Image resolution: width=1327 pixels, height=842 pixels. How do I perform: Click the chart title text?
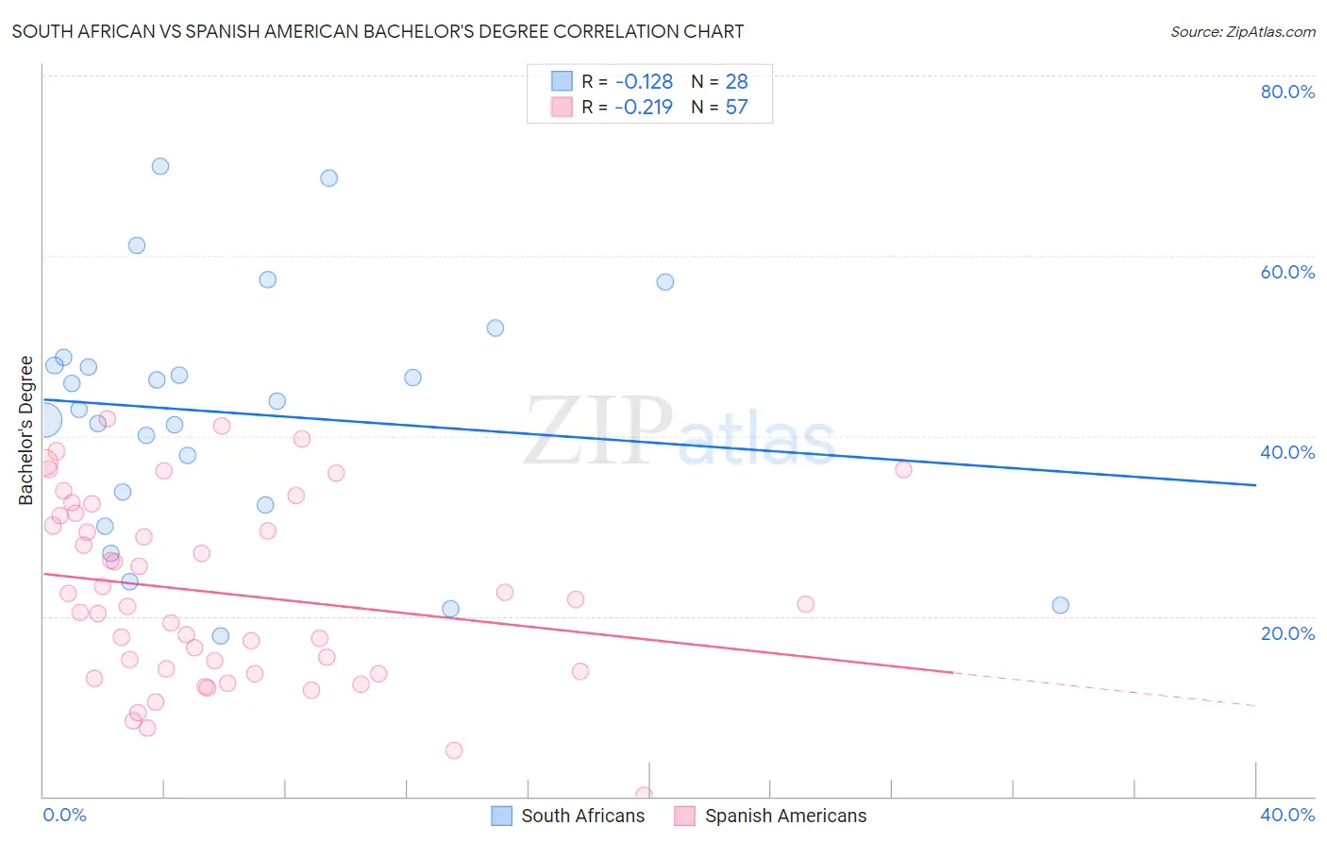[x=378, y=31]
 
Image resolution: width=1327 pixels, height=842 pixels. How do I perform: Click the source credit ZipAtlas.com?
[x=1242, y=31]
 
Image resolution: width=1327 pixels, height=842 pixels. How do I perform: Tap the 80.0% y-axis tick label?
[x=1287, y=92]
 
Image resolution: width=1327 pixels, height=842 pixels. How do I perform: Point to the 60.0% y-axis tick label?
[x=1287, y=272]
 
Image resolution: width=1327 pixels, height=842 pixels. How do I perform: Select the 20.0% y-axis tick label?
[x=1287, y=633]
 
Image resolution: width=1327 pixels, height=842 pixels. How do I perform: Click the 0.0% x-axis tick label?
[x=64, y=815]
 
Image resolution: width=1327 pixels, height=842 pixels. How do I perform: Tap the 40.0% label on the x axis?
[x=1287, y=815]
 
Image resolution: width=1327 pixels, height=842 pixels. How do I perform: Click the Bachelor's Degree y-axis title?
[x=26, y=430]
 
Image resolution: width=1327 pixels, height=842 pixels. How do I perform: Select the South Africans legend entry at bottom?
[x=568, y=816]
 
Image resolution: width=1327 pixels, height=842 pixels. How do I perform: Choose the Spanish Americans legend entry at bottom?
[x=770, y=816]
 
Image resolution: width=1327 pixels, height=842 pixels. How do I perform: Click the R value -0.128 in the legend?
[x=644, y=82]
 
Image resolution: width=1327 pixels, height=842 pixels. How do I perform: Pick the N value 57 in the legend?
[x=736, y=108]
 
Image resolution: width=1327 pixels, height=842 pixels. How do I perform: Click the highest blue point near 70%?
[x=160, y=166]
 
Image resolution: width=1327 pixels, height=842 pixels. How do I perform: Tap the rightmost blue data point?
[x=1060, y=605]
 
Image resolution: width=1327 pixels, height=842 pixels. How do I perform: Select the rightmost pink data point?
[x=903, y=469]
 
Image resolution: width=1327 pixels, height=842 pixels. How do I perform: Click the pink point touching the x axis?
[x=644, y=795]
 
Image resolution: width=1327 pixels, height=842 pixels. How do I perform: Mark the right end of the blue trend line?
[x=1255, y=485]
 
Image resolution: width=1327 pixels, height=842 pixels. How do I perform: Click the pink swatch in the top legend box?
[x=562, y=107]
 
